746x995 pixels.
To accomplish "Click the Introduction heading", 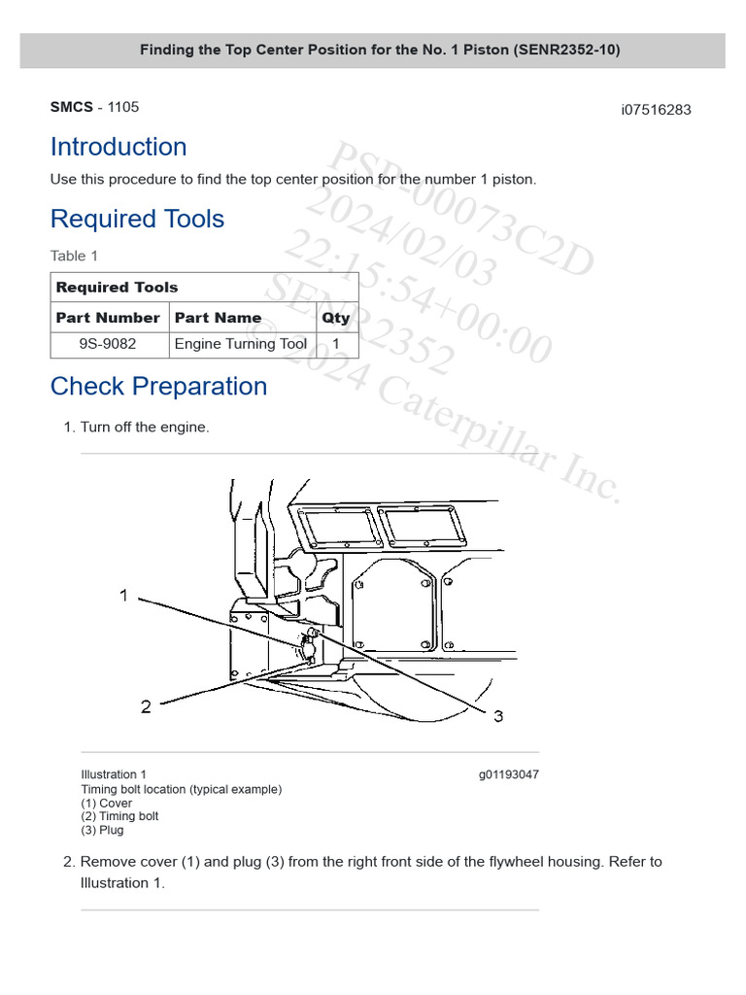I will point(119,147).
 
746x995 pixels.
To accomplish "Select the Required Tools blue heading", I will point(137,219).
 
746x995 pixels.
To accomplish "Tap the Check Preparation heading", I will point(158,386).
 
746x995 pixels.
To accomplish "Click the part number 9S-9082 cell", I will point(108,344).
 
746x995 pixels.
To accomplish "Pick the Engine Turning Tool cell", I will point(240,344).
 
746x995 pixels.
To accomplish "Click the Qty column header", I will point(336,318).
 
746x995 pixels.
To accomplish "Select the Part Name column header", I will point(218,318).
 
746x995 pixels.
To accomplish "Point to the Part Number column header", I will point(108,318).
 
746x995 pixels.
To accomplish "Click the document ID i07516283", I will point(656,110).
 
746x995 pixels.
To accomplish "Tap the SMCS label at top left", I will point(72,107).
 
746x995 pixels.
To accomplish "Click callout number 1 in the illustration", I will point(124,595).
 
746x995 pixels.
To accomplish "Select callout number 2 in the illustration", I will point(146,706).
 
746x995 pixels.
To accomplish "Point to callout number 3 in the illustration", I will point(498,716).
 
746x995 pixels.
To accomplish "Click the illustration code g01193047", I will point(508,775).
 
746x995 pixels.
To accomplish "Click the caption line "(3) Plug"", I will point(102,830).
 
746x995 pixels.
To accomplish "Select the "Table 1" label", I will point(74,256).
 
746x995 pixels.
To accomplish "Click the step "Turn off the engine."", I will point(144,427).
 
